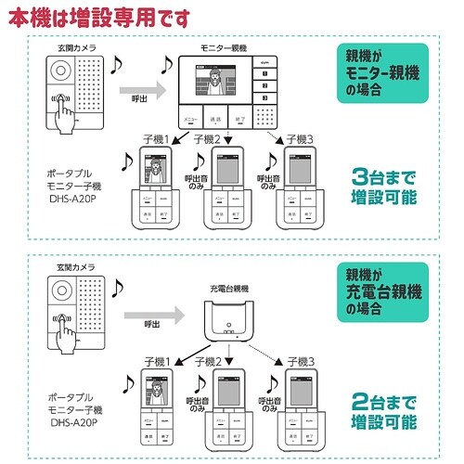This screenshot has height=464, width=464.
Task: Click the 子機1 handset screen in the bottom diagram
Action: [x=154, y=395]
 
